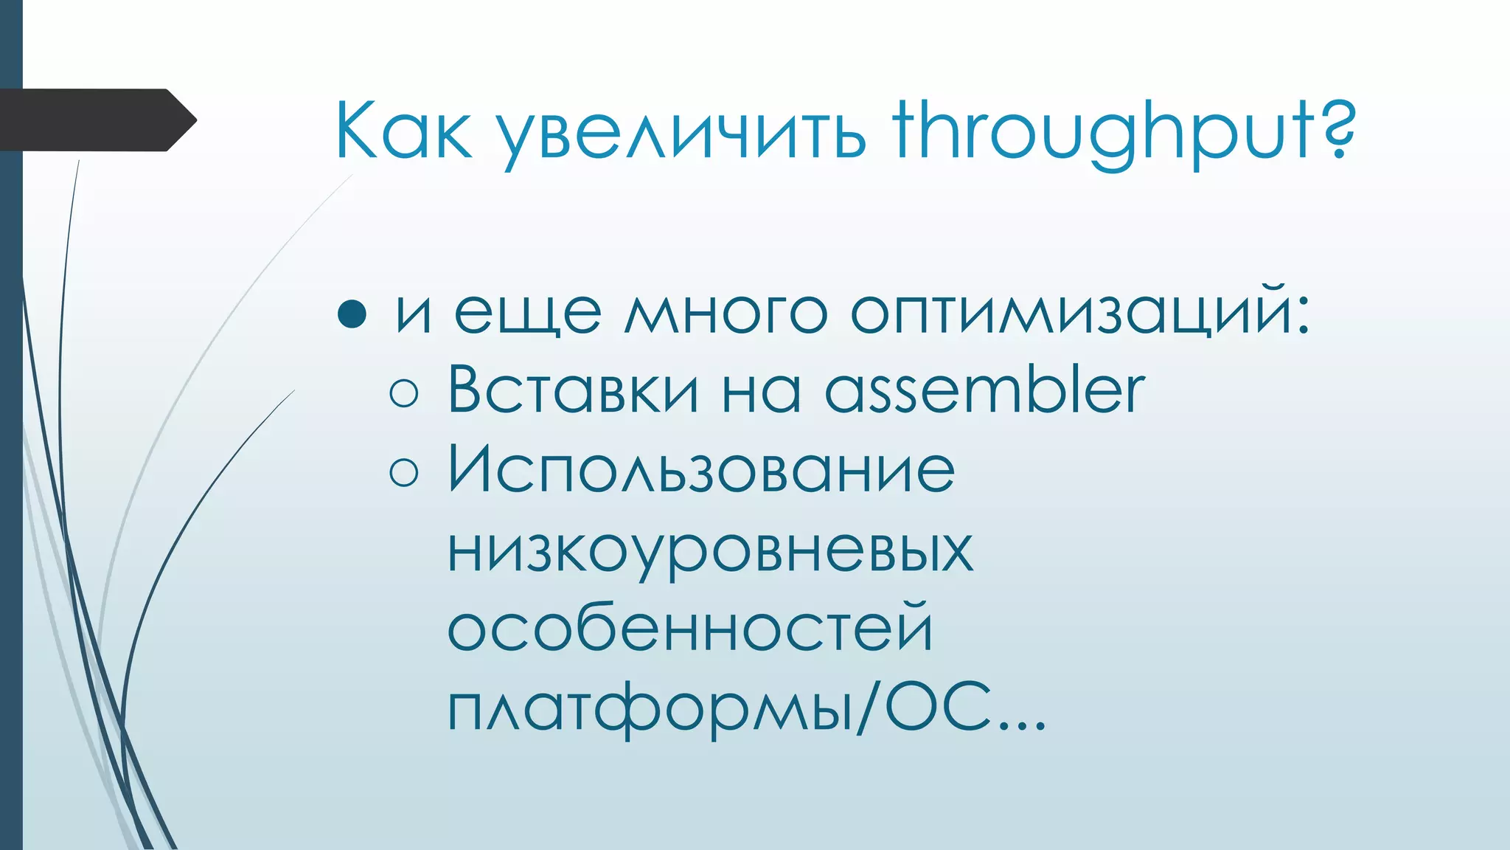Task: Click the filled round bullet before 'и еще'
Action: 352,313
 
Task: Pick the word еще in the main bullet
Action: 527,313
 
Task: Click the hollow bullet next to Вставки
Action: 403,393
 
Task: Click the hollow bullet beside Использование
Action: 403,472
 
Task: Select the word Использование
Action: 701,469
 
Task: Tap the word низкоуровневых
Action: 710,550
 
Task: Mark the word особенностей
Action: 690,629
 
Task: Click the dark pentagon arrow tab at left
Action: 96,120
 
